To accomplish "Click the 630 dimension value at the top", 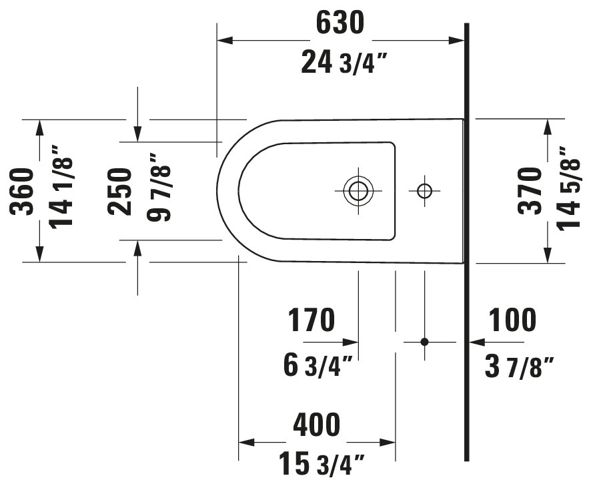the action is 340,22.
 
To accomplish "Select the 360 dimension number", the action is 22,192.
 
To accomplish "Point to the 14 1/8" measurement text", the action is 61,188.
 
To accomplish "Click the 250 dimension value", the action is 119,192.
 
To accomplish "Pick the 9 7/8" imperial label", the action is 159,188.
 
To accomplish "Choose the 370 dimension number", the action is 530,191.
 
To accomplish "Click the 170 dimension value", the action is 311,320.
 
